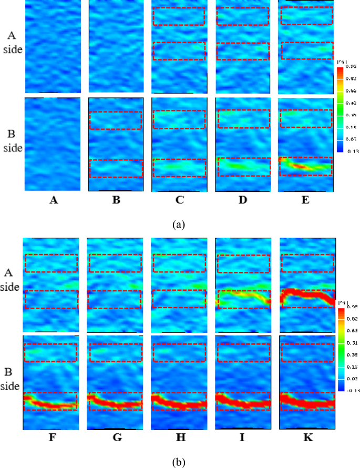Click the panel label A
(53, 200)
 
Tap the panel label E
(306, 200)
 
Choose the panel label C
(179, 200)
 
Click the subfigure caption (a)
(179, 225)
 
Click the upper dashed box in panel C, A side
(179, 16)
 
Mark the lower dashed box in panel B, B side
(116, 168)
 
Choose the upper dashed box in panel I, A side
(243, 263)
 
